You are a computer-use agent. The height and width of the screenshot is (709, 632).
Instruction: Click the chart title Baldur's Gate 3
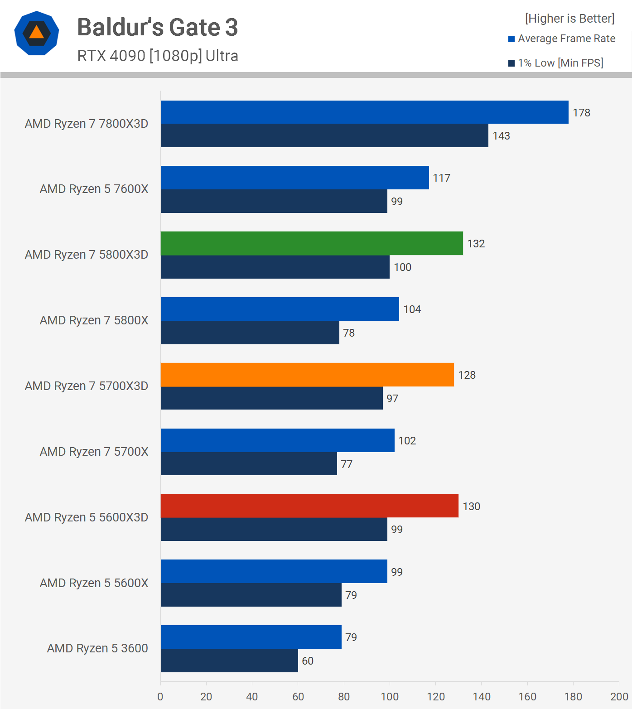click(x=157, y=27)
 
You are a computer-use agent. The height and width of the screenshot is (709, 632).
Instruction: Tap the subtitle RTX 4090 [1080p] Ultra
click(x=157, y=56)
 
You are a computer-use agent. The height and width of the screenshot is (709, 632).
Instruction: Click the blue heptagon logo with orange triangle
click(x=37, y=33)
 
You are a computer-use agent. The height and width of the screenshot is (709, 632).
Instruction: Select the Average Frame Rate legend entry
click(x=562, y=39)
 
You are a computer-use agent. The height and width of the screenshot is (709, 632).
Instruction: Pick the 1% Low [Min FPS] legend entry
click(x=556, y=63)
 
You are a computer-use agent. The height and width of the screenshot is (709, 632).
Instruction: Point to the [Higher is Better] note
click(x=569, y=19)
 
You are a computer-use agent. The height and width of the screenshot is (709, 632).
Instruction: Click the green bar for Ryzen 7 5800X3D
click(x=312, y=243)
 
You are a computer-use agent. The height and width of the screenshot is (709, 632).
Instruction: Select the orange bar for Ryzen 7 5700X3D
click(x=307, y=375)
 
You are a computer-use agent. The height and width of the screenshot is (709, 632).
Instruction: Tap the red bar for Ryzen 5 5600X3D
click(x=309, y=506)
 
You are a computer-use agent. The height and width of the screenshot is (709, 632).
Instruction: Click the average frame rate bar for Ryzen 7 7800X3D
click(x=364, y=112)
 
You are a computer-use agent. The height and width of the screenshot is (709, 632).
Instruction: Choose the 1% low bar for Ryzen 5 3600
click(x=229, y=661)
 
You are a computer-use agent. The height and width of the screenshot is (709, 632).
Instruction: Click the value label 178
click(x=581, y=113)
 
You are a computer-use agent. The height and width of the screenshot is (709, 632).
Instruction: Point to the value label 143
click(x=501, y=136)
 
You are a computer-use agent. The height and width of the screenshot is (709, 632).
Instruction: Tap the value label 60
click(x=308, y=661)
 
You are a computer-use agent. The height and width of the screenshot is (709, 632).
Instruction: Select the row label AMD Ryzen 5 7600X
click(x=94, y=189)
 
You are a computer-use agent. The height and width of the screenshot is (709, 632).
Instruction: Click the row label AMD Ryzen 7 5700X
click(x=94, y=452)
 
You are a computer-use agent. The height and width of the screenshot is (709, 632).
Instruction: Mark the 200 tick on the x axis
click(x=619, y=697)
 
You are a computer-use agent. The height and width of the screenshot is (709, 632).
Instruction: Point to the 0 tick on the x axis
click(x=160, y=697)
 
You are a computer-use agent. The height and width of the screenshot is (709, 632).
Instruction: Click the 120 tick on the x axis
click(x=435, y=697)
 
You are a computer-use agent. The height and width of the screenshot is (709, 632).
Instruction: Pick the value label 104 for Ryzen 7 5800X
click(x=412, y=309)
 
